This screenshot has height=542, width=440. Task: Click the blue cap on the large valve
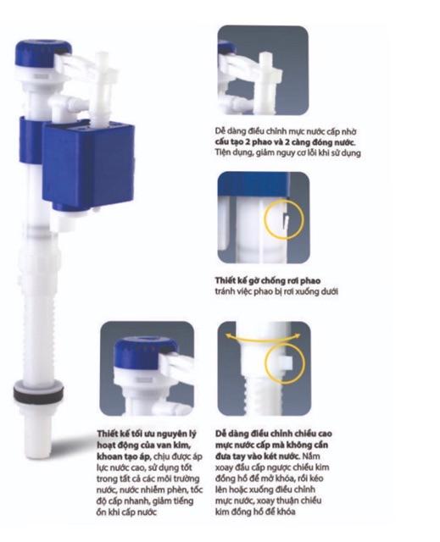42,53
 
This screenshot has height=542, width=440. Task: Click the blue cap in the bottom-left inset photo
145,353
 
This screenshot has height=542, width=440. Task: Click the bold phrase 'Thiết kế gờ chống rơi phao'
267,280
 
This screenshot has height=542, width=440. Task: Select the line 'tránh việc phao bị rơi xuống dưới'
276,291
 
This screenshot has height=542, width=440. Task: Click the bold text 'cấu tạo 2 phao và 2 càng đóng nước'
285,142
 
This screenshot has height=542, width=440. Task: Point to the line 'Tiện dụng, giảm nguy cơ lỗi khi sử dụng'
287,152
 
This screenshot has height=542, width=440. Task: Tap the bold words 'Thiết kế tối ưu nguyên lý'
147,434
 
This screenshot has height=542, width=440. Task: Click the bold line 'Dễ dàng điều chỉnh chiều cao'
273,434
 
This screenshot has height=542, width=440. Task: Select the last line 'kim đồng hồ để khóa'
255,512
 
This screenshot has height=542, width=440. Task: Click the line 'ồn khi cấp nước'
126,512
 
